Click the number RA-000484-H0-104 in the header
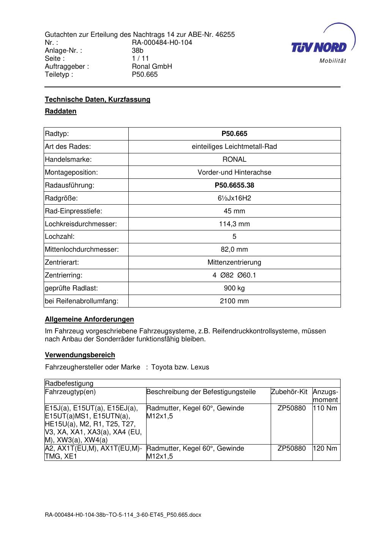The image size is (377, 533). (x=162, y=43)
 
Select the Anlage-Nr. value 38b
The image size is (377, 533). (x=137, y=50)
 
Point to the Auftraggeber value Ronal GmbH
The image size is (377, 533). (x=152, y=66)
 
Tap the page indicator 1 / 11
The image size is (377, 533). (x=140, y=58)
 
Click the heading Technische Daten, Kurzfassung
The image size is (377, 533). (x=98, y=99)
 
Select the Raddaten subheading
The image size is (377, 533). (x=61, y=111)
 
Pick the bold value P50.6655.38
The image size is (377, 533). (x=234, y=185)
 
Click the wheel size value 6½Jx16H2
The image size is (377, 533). (x=234, y=198)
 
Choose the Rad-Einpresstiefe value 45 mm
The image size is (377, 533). (x=234, y=211)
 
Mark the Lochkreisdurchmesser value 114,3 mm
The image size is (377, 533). (x=234, y=224)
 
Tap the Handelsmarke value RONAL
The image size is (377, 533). (x=234, y=159)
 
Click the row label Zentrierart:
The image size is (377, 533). (x=62, y=262)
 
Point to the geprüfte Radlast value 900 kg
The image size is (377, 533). (x=234, y=288)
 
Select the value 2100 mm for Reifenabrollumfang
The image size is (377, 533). (x=234, y=301)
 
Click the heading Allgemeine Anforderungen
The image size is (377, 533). (x=89, y=319)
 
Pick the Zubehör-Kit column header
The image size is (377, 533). (x=289, y=392)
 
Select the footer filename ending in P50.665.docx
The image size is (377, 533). (x=123, y=515)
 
